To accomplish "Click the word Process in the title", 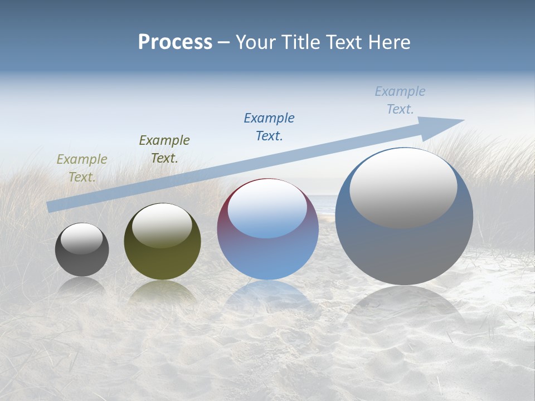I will point(175,42).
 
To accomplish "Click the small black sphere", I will point(82,262).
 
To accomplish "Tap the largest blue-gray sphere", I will point(404,251).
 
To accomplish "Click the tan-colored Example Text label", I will point(82,168).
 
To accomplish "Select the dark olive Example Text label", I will point(164,149).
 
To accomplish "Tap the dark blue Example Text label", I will point(269,126).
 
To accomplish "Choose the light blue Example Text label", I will point(400,100).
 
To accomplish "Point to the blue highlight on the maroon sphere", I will point(267,209).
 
